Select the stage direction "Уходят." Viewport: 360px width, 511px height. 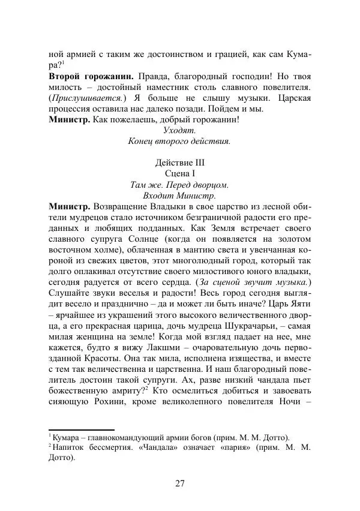click(179, 130)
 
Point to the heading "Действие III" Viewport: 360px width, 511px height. click(179, 163)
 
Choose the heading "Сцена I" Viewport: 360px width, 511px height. click(179, 173)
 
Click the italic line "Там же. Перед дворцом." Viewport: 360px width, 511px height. click(179, 184)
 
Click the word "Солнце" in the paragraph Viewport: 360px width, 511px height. click(148, 238)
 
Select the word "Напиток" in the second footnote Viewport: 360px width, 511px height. click(69, 447)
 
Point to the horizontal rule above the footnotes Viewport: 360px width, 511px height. click(81, 429)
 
